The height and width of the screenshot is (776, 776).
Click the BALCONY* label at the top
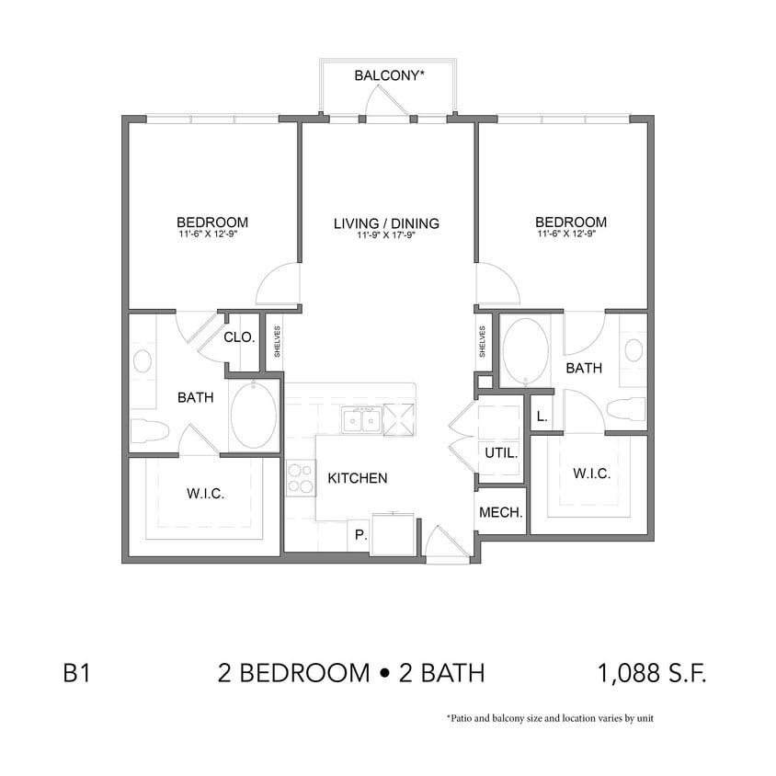coord(389,75)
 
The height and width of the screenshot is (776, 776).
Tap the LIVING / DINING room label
coord(386,223)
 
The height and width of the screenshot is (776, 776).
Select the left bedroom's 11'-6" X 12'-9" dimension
coord(212,234)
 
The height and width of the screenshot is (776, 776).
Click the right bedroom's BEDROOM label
coord(571,223)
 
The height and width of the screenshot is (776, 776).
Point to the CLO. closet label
coord(239,337)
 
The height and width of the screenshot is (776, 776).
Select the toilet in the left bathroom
coord(150,430)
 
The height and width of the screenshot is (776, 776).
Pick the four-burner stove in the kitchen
coord(299,478)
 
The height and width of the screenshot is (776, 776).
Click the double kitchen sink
coord(361,419)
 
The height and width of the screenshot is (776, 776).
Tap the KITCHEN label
coord(358,478)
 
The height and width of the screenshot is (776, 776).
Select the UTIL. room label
coord(501,453)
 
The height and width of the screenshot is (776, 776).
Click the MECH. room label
coord(501,512)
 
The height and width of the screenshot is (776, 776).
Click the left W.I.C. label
coord(205,494)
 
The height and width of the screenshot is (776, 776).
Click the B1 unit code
coord(76,674)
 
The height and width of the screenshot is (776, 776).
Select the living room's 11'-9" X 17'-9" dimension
coord(386,235)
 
